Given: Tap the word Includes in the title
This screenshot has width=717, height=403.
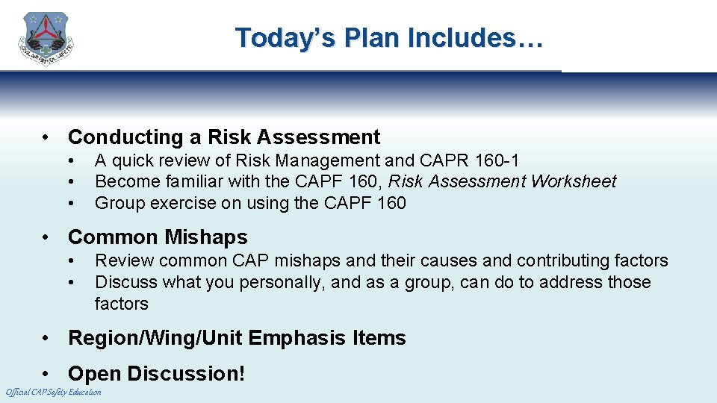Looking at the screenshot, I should pos(475,38).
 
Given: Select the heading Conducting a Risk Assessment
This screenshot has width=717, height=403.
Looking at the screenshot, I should pos(224,137).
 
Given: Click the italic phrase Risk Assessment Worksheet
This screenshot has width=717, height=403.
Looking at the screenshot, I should pos(503,181).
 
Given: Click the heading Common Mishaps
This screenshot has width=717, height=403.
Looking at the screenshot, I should pos(158,237).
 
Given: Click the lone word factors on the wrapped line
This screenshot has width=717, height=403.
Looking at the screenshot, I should pos(121,304).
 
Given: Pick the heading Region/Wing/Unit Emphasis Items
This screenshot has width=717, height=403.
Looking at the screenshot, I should pos(237,338).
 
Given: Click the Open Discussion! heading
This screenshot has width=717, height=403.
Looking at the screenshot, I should pos(156,374).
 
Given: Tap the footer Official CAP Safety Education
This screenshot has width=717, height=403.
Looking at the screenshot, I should pos(53,393).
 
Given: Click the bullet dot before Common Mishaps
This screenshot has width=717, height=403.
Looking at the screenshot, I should pos(47,238).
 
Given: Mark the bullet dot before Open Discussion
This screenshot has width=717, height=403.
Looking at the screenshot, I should pos(47,374).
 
